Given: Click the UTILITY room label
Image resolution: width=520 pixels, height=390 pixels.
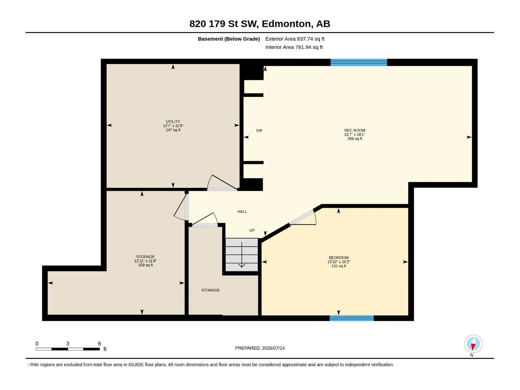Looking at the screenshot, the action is (x=173, y=122).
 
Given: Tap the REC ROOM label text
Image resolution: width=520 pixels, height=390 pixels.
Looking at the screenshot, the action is (x=355, y=130).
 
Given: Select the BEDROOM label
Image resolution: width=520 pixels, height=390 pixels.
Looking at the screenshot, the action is (x=339, y=258).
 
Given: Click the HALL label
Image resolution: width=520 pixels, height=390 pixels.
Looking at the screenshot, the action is (x=242, y=212).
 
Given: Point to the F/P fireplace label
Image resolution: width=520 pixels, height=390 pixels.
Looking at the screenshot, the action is (x=259, y=131).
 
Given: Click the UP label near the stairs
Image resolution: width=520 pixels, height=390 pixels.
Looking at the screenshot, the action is (x=252, y=230).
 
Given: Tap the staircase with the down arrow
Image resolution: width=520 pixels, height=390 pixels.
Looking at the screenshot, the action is (x=241, y=254).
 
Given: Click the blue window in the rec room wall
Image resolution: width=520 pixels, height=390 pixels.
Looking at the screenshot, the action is (x=359, y=62).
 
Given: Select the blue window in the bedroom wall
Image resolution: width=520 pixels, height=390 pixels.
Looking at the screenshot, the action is (x=352, y=318).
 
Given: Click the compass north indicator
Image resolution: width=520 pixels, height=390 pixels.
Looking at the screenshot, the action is (x=473, y=344).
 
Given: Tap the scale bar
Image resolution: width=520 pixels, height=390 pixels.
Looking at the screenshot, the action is (x=68, y=349).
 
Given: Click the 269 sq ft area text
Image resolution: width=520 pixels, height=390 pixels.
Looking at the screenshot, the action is (x=355, y=139).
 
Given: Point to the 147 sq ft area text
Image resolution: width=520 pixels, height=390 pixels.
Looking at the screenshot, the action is (x=173, y=130).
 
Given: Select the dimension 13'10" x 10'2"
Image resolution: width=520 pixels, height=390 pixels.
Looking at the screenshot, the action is (x=339, y=262).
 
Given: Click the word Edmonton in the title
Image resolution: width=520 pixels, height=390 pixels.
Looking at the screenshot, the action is (x=286, y=24).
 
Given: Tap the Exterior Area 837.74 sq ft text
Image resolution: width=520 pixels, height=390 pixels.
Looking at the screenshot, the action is (x=295, y=39).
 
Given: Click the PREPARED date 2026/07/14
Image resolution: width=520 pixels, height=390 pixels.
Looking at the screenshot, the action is (x=273, y=348).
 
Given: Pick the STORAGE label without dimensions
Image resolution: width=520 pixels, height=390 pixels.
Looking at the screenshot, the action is (x=210, y=290).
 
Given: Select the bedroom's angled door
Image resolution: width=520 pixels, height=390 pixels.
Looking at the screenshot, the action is (x=303, y=217).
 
